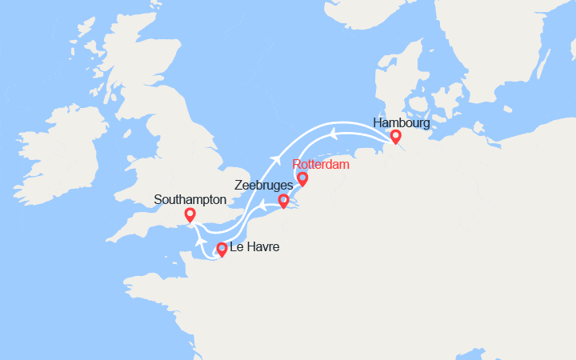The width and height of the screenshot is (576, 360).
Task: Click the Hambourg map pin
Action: coord(395,138)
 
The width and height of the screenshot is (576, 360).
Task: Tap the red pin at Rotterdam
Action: coord(302,178)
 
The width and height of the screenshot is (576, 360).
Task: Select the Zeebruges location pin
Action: coord(282,200)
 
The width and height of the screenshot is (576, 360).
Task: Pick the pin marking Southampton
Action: coord(190,214)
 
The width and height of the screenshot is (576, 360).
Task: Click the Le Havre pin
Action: coord(222,249)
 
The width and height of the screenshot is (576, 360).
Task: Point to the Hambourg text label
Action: coord(401,123)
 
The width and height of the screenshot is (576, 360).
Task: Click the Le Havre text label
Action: coord(254,248)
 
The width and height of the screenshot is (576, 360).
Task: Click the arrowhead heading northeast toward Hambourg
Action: coord(275,157)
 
